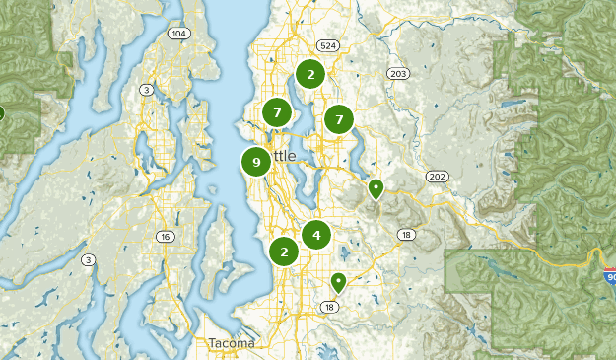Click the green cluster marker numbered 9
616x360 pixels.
(x=256, y=162)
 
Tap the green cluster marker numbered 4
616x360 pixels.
(x=316, y=235)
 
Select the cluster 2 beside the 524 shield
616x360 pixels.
(x=310, y=74)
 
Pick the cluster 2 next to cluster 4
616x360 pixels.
(x=284, y=252)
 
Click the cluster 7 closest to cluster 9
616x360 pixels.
(x=277, y=113)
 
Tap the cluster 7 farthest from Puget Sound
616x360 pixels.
(x=339, y=119)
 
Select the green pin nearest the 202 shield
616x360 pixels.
(x=376, y=187)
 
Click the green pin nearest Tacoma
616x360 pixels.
(x=338, y=282)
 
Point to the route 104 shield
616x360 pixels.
(x=177, y=34)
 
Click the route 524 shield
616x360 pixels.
(x=328, y=45)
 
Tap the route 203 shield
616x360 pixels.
(x=398, y=74)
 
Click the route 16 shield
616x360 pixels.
(x=165, y=237)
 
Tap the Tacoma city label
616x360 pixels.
(x=231, y=343)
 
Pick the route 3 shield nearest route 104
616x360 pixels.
(x=147, y=90)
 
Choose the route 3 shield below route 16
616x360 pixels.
(x=89, y=260)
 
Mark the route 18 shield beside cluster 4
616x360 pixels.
(x=405, y=234)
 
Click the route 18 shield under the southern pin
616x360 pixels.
(x=330, y=308)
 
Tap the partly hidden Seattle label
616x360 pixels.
(x=282, y=157)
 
